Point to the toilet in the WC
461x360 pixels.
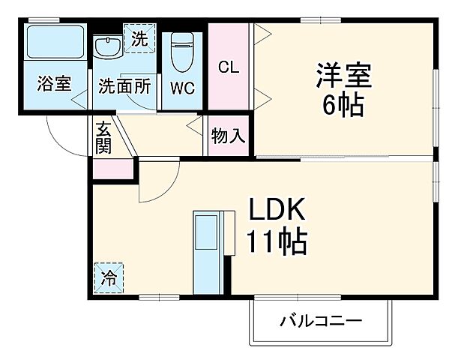(181, 51)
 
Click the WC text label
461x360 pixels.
(181, 87)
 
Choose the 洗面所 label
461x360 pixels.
(124, 85)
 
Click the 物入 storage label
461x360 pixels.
(228, 136)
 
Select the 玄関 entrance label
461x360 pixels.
(103, 138)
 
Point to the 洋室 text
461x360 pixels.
(343, 75)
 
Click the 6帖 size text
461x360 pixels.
(343, 104)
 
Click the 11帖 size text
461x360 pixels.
(276, 241)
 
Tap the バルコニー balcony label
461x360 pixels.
(321, 322)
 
